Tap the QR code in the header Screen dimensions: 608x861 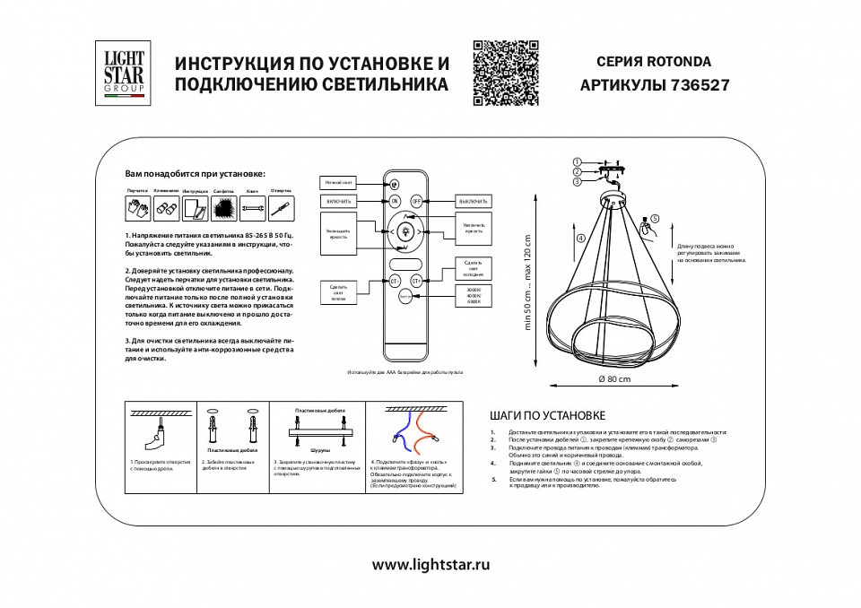point(505,74)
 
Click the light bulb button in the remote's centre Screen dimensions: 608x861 point(404,231)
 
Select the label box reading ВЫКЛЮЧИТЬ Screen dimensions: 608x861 point(473,200)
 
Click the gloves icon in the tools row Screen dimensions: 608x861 point(137,209)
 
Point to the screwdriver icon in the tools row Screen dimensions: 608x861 point(281,209)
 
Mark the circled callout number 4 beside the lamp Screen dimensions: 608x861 point(580,239)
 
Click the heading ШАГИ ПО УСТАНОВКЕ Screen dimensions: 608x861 point(548,415)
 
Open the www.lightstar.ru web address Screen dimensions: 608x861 point(430,565)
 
